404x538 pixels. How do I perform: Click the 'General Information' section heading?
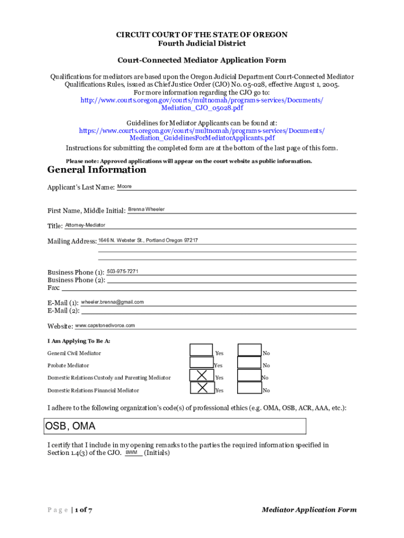pyautogui.click(x=97, y=170)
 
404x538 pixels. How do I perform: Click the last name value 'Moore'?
pyautogui.click(x=124, y=187)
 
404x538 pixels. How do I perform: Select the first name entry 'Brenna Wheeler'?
pyautogui.click(x=146, y=209)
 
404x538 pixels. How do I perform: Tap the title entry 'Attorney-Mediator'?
pyautogui.click(x=85, y=225)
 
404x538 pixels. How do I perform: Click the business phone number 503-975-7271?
pyautogui.click(x=122, y=272)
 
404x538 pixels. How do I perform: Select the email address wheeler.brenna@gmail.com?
pyautogui.click(x=112, y=302)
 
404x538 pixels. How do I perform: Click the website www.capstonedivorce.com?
pyautogui.click(x=105, y=325)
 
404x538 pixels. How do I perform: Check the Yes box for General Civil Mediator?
pyautogui.click(x=201, y=350)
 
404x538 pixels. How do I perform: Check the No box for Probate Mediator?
pyautogui.click(x=249, y=362)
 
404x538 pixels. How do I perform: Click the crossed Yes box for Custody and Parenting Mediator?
pyautogui.click(x=201, y=375)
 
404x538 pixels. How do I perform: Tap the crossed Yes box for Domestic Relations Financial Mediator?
pyautogui.click(x=201, y=388)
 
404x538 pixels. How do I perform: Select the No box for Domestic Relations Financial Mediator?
pyautogui.click(x=249, y=388)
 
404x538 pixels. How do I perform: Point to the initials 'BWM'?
pyautogui.click(x=131, y=452)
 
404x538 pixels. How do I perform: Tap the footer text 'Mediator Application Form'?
pyautogui.click(x=309, y=510)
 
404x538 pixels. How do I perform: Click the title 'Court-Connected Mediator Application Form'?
pyautogui.click(x=201, y=60)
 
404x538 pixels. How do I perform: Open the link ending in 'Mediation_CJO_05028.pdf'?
pyautogui.click(x=201, y=108)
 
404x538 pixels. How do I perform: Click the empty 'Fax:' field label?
pyautogui.click(x=54, y=288)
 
